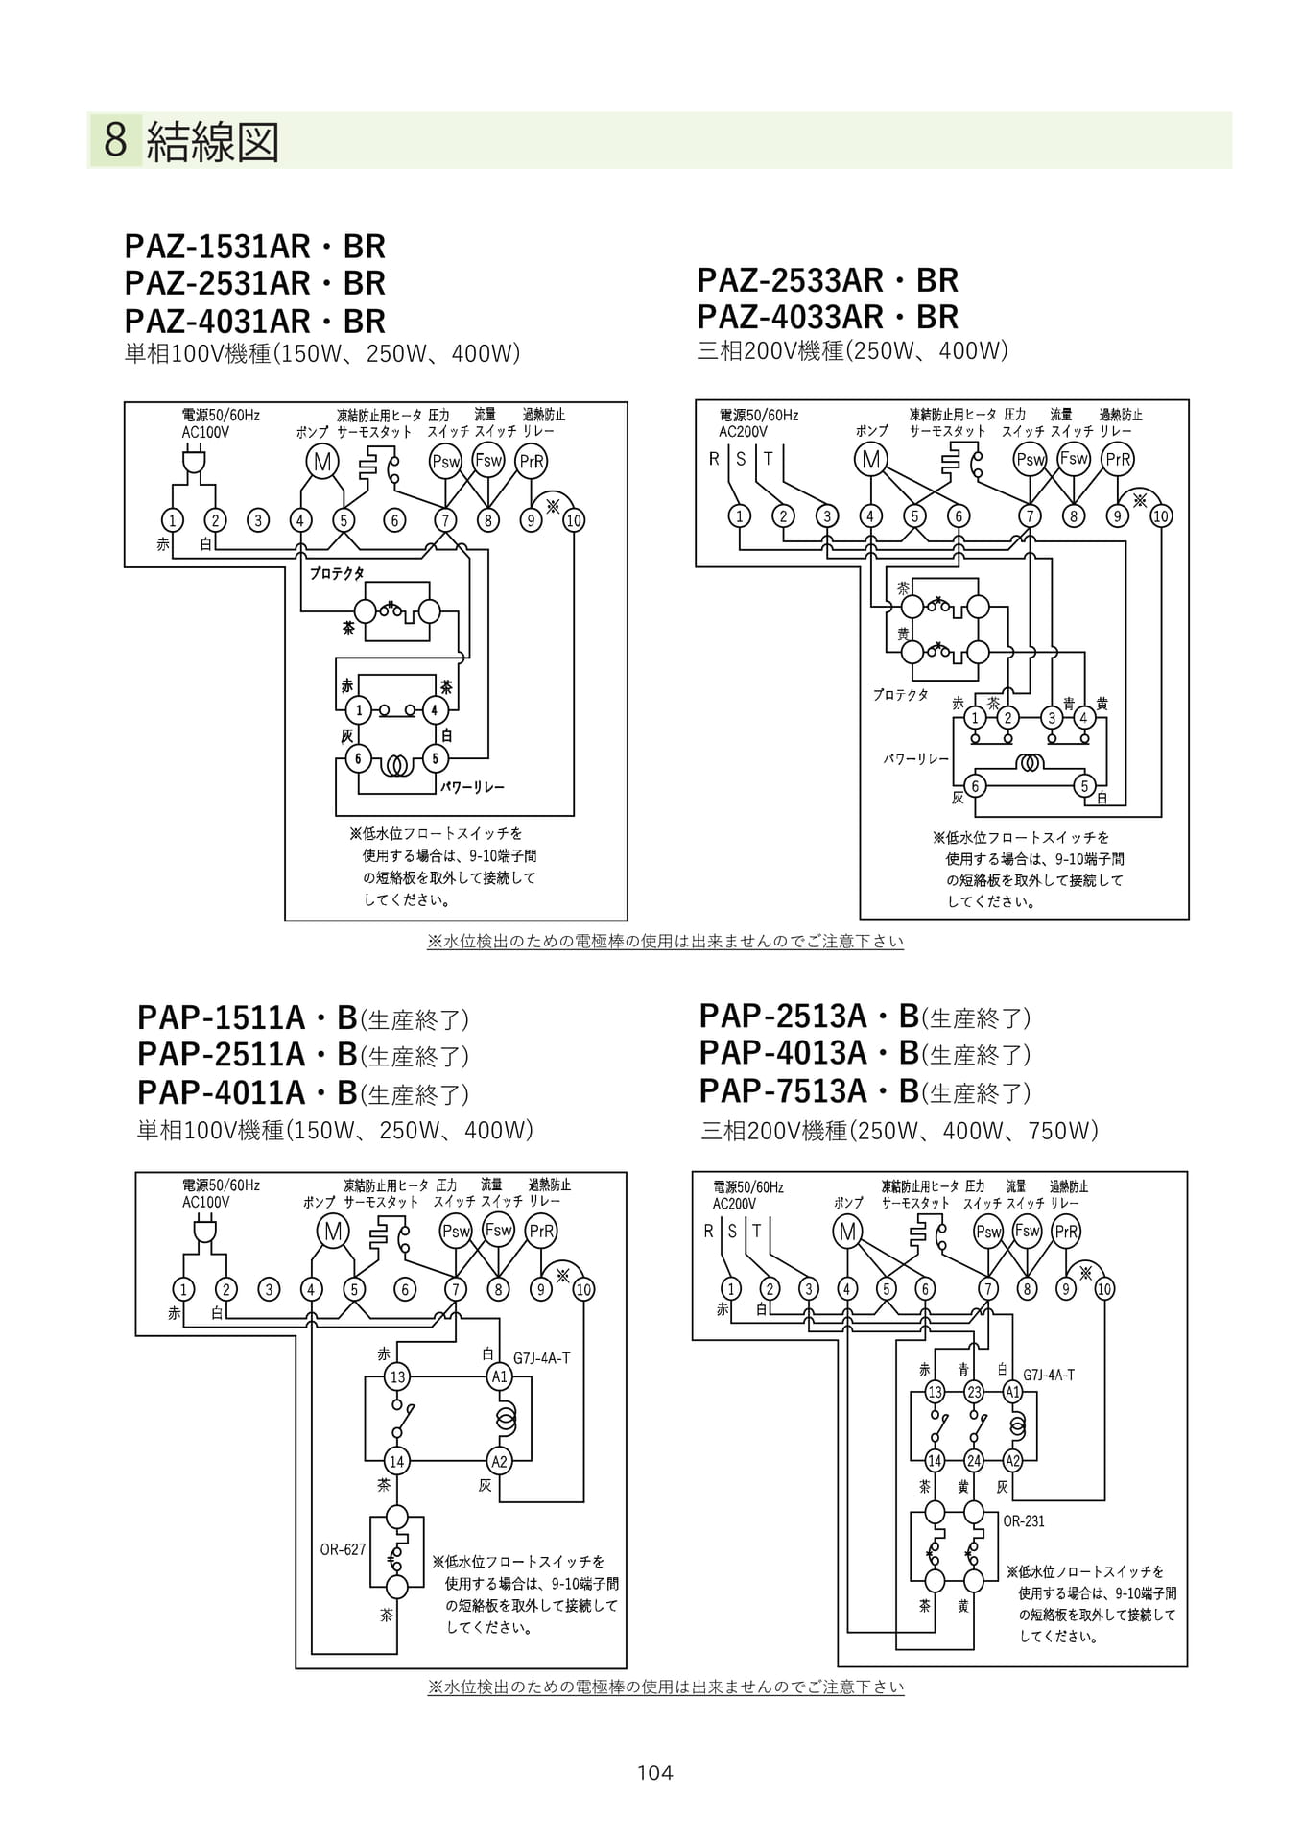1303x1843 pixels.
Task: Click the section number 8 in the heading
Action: (115, 140)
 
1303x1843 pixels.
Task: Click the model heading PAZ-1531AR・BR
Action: (255, 247)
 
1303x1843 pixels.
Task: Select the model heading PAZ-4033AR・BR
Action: (828, 317)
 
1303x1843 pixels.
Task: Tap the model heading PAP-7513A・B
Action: (810, 1091)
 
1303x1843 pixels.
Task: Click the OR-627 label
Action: (343, 1549)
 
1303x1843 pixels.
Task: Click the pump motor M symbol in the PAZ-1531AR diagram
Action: (322, 462)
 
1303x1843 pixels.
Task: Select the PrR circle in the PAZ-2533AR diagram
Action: (1118, 459)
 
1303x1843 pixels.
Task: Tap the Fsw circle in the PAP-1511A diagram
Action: (499, 1230)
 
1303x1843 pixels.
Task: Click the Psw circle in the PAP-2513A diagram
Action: (988, 1232)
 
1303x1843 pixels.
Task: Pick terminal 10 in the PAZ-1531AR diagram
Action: (574, 520)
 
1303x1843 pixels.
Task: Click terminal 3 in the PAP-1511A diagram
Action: (270, 1289)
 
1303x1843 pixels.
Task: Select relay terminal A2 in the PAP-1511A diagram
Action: (499, 1461)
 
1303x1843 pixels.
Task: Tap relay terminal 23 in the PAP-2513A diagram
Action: (974, 1392)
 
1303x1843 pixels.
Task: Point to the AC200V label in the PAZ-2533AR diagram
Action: (744, 432)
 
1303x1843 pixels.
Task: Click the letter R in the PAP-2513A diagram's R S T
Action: (709, 1231)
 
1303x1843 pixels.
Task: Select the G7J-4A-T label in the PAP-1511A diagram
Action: (542, 1358)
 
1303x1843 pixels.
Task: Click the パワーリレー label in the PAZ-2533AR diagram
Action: (916, 758)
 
